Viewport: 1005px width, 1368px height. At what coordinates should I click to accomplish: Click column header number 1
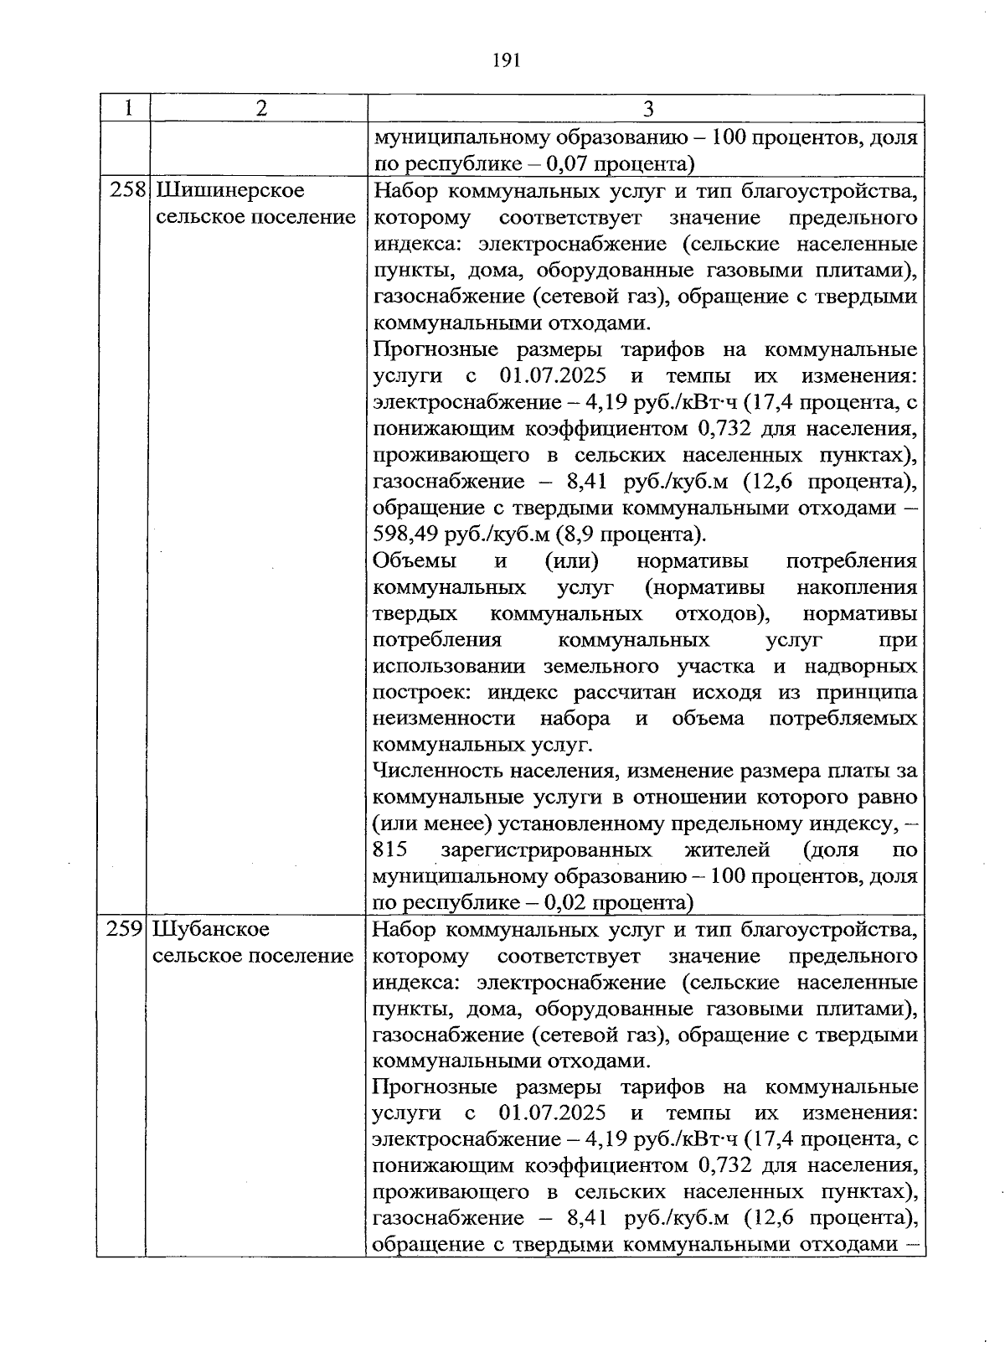point(126,108)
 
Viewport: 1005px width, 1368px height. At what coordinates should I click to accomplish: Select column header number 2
point(261,108)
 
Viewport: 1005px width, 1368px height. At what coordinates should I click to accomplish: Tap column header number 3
point(647,109)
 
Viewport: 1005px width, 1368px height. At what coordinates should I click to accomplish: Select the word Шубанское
point(212,929)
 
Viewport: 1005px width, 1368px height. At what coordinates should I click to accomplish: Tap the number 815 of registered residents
point(390,850)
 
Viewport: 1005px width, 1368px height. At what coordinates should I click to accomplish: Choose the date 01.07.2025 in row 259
point(552,1114)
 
